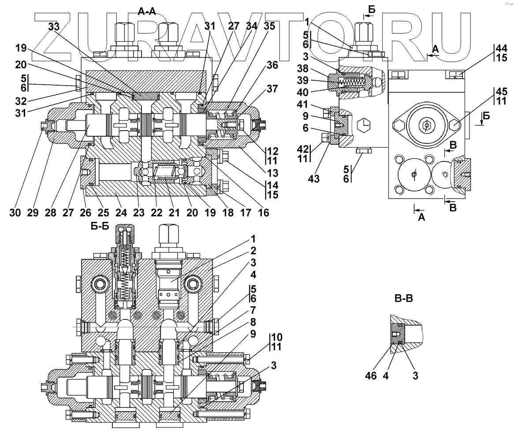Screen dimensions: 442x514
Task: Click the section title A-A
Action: click(x=147, y=12)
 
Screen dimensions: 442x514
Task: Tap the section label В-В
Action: click(x=403, y=299)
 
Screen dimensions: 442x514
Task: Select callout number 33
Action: click(x=53, y=27)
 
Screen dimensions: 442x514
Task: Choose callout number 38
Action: click(x=315, y=69)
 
